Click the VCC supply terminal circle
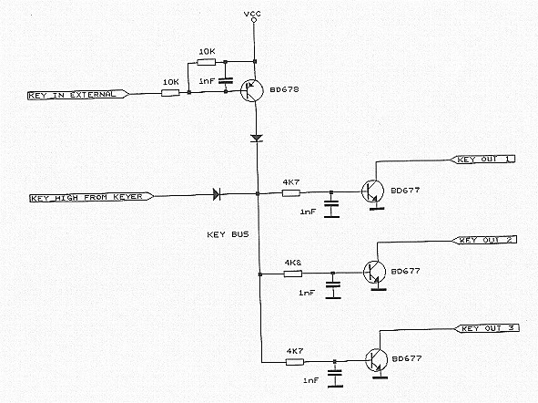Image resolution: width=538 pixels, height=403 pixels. click(x=254, y=20)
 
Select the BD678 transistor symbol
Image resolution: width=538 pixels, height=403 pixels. click(x=252, y=90)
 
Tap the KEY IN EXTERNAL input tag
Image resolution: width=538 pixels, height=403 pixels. click(x=78, y=95)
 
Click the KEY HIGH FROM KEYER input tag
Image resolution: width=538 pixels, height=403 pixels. click(x=92, y=197)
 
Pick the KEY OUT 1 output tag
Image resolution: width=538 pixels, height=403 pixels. click(x=482, y=159)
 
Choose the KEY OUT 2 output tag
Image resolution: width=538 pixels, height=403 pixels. click(x=484, y=240)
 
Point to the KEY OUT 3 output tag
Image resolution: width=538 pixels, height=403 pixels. click(x=486, y=328)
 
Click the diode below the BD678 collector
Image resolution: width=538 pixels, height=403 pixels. click(x=257, y=138)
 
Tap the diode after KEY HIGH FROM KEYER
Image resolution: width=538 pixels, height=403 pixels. click(x=217, y=194)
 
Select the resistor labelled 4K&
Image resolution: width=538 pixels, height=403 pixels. click(x=293, y=274)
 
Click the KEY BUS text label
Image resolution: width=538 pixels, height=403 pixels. click(x=228, y=234)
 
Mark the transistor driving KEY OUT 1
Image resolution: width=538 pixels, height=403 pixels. click(x=372, y=191)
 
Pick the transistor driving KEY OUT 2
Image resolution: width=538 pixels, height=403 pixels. click(x=375, y=272)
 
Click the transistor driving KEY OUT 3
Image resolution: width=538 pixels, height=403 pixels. click(x=377, y=360)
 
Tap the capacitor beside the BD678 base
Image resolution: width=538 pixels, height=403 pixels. click(x=226, y=81)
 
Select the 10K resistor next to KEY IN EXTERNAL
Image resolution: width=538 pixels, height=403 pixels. click(x=170, y=93)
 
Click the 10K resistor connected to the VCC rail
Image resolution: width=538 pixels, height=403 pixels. click(x=207, y=62)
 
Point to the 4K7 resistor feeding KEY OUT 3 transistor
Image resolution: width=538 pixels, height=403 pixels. click(x=295, y=361)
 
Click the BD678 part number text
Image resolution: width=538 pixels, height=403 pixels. click(x=284, y=89)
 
